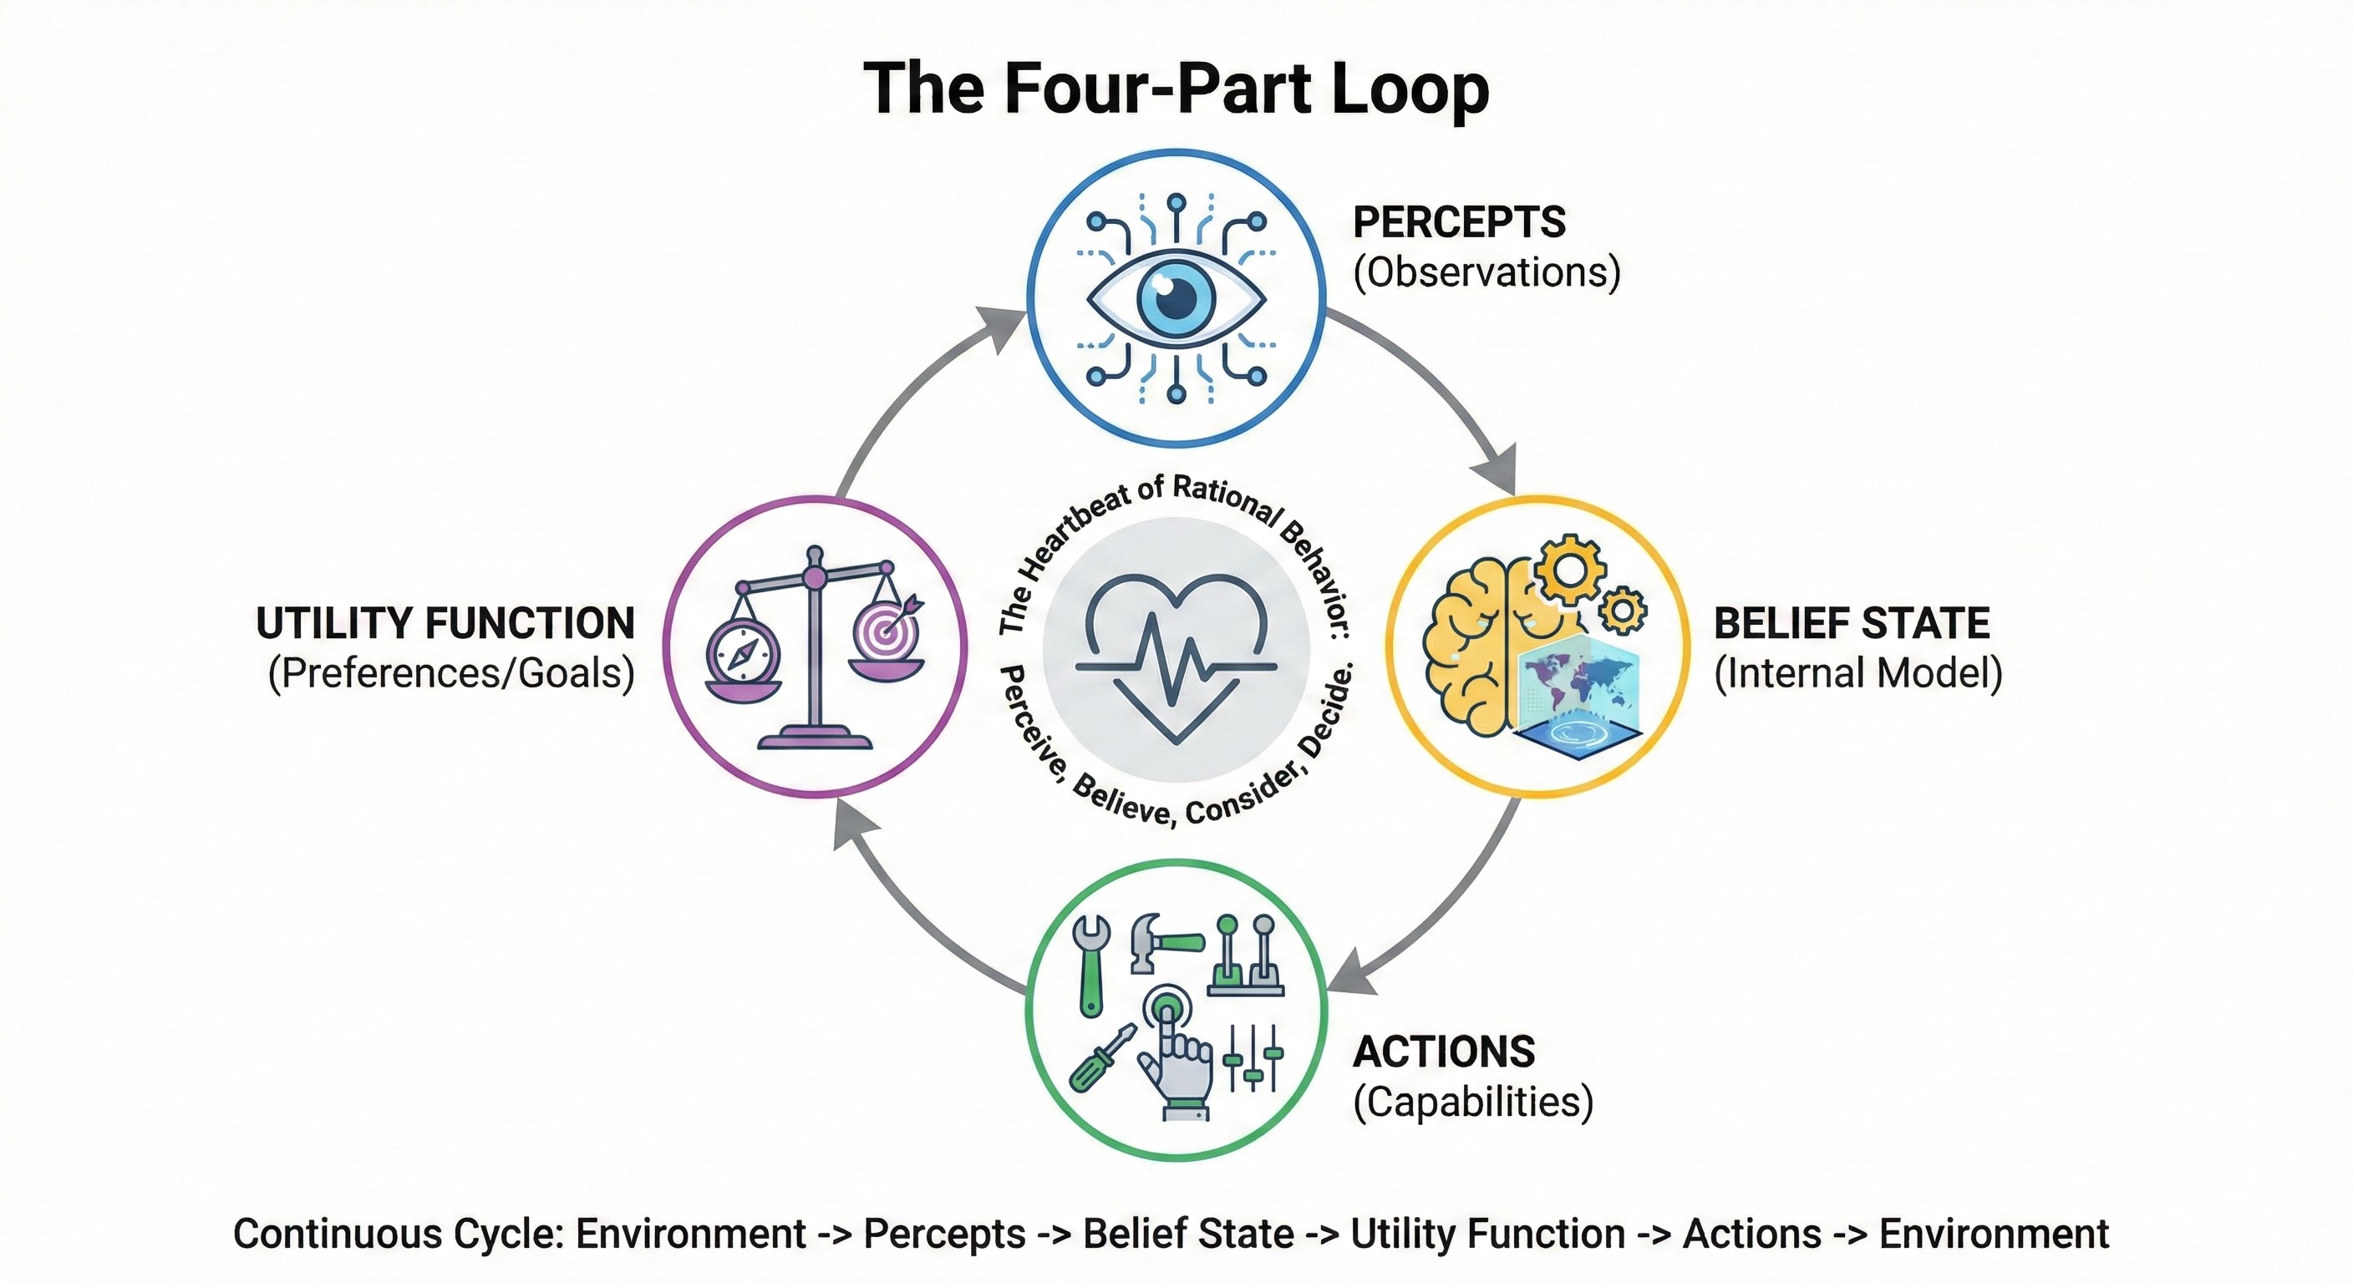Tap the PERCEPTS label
tap(1459, 222)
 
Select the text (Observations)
tap(1487, 272)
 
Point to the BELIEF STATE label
tap(1851, 624)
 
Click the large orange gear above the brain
tap(1569, 569)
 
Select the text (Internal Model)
tap(1858, 674)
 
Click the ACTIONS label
tap(1443, 1052)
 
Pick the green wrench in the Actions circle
tap(1090, 964)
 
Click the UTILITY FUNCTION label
tap(445, 624)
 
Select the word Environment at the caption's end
tap(1993, 1235)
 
